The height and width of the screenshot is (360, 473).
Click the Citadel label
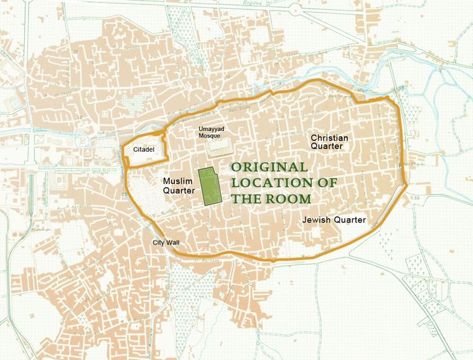(143, 150)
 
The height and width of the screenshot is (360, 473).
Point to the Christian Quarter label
(329, 142)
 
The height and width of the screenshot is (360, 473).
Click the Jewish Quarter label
(333, 220)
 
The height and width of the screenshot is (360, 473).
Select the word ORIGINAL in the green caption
(269, 168)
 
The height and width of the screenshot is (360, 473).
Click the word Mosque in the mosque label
(207, 136)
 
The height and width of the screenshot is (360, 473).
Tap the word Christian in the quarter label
(329, 137)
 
